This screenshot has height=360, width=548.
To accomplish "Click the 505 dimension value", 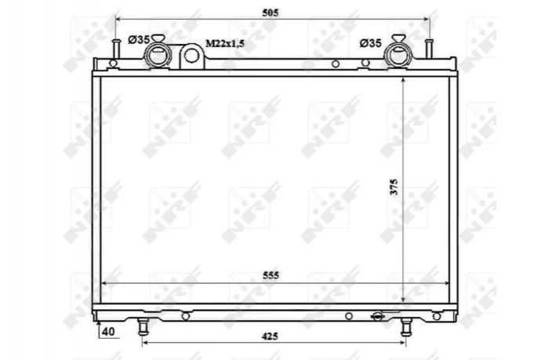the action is [x=270, y=13].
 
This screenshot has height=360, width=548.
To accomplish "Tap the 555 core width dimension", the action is [x=270, y=275].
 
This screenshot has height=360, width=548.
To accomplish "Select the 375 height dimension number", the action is [x=394, y=187].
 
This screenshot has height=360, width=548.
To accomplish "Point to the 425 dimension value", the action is [x=270, y=336].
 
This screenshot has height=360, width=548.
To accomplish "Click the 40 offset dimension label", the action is [x=108, y=331].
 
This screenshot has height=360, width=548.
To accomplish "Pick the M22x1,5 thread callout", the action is [x=225, y=44].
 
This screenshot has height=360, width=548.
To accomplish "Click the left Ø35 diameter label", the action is [x=139, y=40].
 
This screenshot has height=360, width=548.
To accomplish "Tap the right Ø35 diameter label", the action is [x=371, y=43].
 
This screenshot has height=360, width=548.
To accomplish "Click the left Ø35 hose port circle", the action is [x=157, y=56].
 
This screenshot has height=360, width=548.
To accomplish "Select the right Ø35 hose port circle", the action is [x=397, y=56].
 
